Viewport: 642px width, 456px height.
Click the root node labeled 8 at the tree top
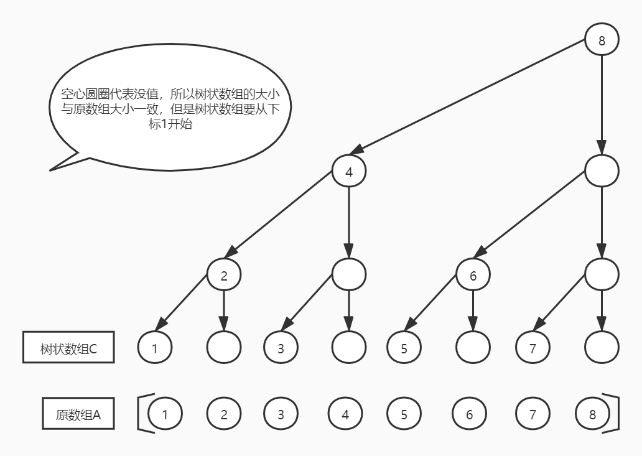tap(602, 41)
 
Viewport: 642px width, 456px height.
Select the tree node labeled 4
tap(348, 172)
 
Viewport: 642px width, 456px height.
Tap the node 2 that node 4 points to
tap(224, 275)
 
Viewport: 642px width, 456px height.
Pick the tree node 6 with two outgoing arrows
tap(473, 275)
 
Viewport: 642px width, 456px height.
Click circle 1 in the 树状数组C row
tap(155, 348)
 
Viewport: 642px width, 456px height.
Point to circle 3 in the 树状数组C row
tap(281, 348)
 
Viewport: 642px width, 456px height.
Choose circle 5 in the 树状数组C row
tap(404, 348)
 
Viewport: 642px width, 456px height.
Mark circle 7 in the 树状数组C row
tap(533, 348)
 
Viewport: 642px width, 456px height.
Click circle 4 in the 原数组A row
tap(345, 414)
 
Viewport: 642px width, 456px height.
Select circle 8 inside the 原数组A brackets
tap(592, 414)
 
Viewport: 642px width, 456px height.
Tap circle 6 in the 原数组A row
tap(470, 414)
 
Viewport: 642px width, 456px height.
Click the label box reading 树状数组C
tap(68, 348)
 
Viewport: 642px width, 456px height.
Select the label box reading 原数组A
tap(78, 414)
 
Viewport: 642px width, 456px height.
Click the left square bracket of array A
tap(140, 412)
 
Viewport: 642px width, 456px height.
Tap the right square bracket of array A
tap(615, 412)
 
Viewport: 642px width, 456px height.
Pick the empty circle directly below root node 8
tap(602, 170)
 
